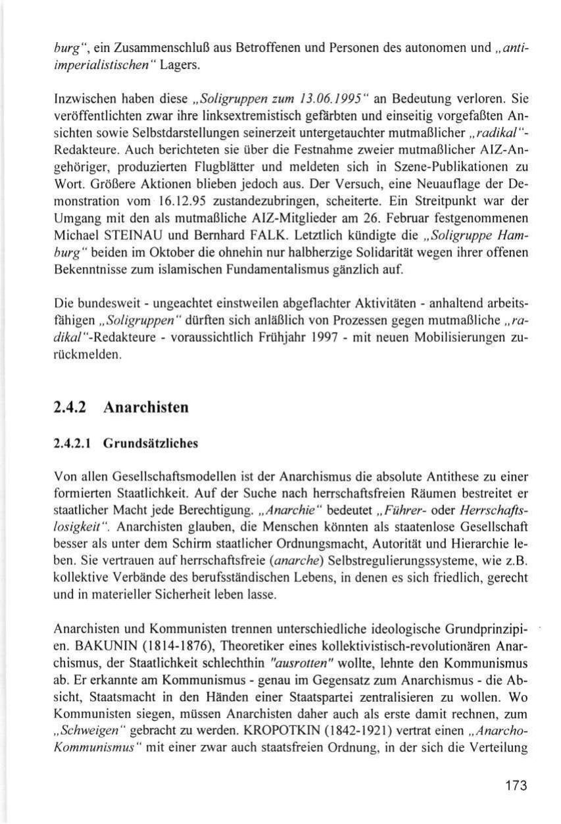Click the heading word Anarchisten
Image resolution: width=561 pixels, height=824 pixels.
tap(146, 407)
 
